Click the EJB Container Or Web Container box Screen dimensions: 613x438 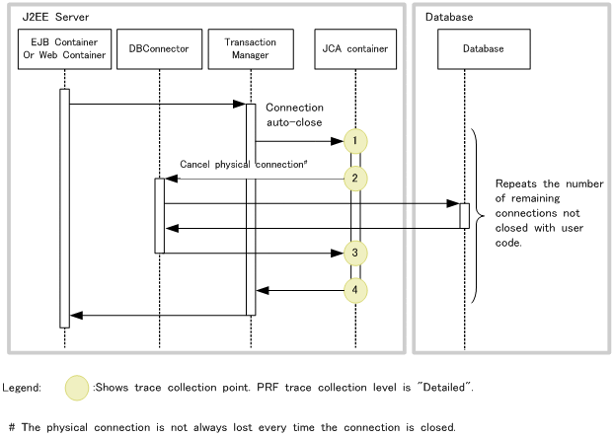click(x=64, y=49)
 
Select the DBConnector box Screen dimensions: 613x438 click(x=160, y=49)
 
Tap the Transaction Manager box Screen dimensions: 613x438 click(x=251, y=49)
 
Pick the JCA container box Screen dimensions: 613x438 click(x=355, y=49)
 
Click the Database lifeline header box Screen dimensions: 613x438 click(x=484, y=49)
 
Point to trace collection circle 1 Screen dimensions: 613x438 click(x=355, y=141)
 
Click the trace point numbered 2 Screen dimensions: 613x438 click(x=355, y=179)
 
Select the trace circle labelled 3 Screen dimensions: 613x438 click(x=355, y=253)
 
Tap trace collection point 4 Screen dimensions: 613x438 click(x=355, y=290)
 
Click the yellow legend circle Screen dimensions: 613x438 click(x=77, y=388)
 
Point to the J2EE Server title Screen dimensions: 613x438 click(x=55, y=17)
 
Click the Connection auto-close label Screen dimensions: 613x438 click(x=294, y=114)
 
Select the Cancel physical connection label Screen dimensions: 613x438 click(x=243, y=164)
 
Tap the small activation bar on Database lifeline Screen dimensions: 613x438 click(x=465, y=216)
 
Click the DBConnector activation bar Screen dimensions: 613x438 click(x=160, y=216)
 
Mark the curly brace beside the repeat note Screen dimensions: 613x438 click(x=478, y=216)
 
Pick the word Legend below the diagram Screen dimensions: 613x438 click(x=22, y=388)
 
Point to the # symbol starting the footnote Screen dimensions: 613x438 click(x=12, y=427)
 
